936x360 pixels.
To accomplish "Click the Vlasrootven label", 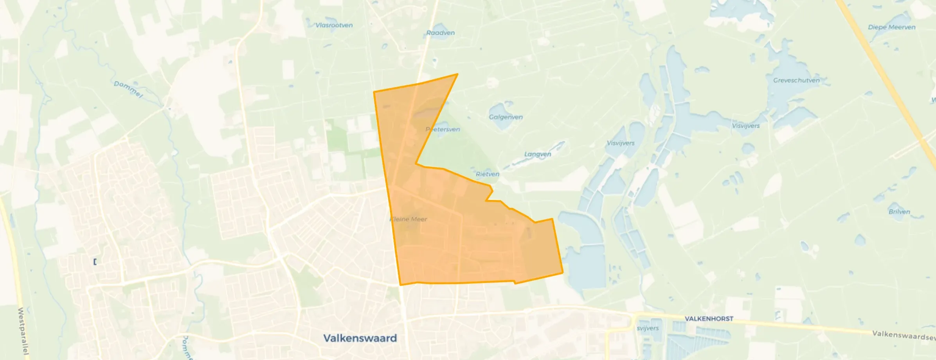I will (x=334, y=25).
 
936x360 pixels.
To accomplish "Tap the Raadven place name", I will (x=440, y=33).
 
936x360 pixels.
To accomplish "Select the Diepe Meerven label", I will (x=891, y=27).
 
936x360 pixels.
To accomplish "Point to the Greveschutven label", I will (x=796, y=80).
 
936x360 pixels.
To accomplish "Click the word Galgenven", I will (x=506, y=117).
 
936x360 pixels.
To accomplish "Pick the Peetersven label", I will (x=443, y=129).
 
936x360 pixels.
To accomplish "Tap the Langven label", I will (x=537, y=154).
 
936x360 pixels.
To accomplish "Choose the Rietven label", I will (x=487, y=174).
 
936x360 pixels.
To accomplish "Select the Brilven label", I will (x=899, y=212).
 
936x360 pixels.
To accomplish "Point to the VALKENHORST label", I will (x=709, y=319).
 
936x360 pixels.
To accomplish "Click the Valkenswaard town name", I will (x=360, y=338).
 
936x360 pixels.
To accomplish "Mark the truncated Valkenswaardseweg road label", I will (x=904, y=335).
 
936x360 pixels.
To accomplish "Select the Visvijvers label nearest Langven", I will (x=620, y=143).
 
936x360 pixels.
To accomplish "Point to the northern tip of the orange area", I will (x=457, y=74).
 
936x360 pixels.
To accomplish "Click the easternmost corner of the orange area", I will (x=563, y=272).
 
